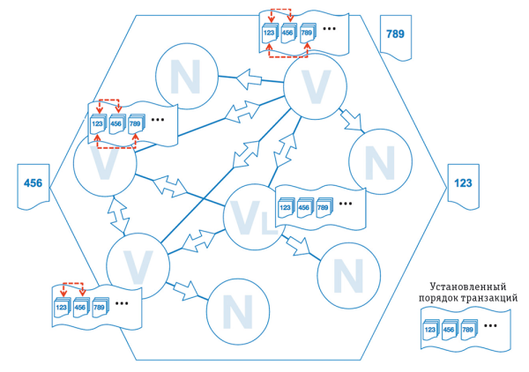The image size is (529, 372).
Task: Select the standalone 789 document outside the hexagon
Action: tap(393, 33)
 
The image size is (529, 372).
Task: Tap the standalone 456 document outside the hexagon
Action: tap(33, 183)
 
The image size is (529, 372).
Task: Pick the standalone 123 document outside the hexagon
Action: tap(462, 184)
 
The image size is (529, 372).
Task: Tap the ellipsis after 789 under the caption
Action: tap(491, 325)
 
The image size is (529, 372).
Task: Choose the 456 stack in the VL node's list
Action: tap(304, 208)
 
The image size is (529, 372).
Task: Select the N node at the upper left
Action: tap(186, 78)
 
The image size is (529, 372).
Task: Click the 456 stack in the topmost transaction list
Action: tap(287, 33)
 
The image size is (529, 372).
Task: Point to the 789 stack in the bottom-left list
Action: tap(99, 308)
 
